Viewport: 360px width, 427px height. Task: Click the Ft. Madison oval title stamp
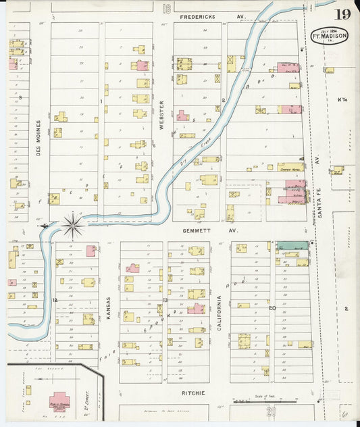coord(329,36)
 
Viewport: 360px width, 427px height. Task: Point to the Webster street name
coord(161,115)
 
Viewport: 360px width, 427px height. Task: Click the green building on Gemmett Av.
coord(292,246)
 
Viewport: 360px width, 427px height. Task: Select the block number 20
coord(272,308)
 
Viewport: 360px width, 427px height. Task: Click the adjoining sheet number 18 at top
coord(165,7)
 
